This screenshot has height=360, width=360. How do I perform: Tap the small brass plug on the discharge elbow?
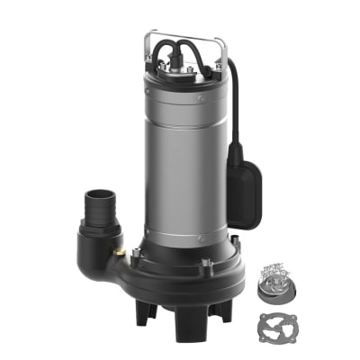coord(119,252)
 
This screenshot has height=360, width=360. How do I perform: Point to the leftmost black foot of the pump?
coord(144,310)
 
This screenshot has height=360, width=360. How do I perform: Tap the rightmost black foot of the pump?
coord(220,310)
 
